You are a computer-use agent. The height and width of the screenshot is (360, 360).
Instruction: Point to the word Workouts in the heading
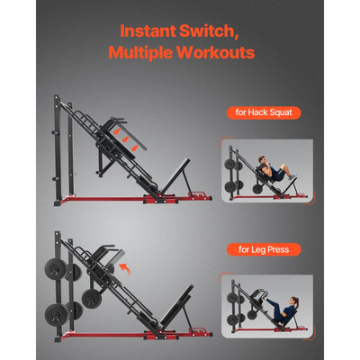point(216,53)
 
